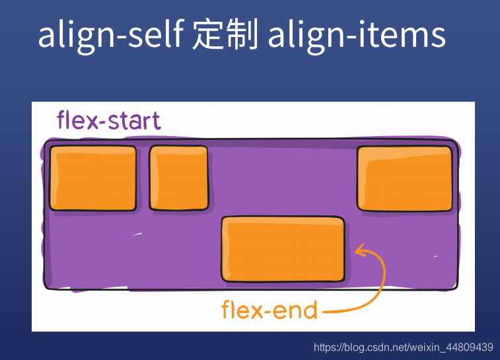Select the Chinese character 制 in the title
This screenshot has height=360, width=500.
pos(242,36)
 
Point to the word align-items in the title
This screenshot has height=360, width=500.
pos(357,36)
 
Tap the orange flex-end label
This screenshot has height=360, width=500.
pos(269,309)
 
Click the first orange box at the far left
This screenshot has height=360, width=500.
pos(93,178)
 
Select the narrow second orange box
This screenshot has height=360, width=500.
pos(178,177)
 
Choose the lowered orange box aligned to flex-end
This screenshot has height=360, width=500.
pos(283,249)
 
